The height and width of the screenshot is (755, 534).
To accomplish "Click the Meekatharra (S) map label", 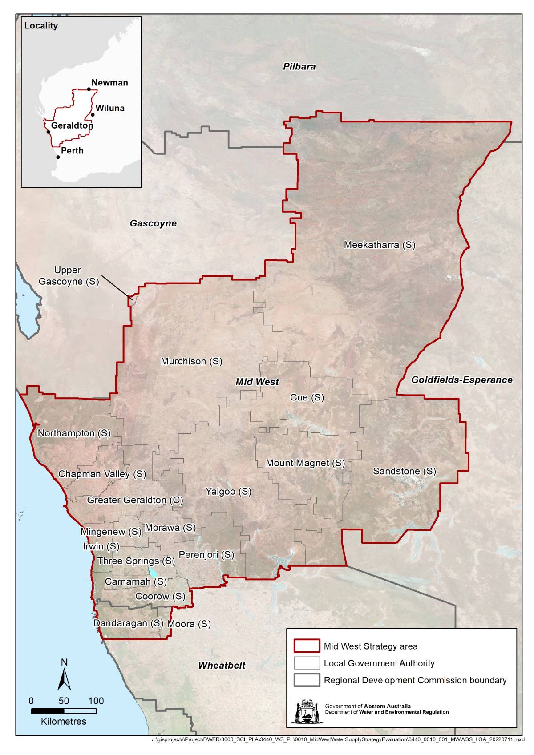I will tap(379, 245).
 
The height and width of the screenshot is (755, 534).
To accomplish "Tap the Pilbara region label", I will tap(299, 66).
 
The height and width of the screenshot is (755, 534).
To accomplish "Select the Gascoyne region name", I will tap(153, 223).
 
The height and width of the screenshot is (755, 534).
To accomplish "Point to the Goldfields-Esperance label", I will tap(461, 380).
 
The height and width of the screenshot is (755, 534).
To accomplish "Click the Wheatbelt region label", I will tap(222, 665).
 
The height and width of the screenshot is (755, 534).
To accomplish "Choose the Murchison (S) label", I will tap(191, 361).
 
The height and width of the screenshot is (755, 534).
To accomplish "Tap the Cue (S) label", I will tap(307, 397).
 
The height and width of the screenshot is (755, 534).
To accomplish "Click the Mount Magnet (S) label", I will tap(305, 463).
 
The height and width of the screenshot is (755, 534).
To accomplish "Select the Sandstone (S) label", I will tap(404, 471).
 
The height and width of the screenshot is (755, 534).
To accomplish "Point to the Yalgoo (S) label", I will tap(228, 491).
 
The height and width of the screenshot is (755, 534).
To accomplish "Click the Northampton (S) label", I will tap(74, 433).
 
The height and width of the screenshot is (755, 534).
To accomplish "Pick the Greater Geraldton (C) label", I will tap(135, 500).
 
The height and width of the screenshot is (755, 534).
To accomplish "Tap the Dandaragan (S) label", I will tap(128, 623).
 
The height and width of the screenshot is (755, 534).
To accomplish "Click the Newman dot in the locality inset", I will tap(89, 89).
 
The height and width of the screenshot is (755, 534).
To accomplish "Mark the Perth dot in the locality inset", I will tap(58, 157).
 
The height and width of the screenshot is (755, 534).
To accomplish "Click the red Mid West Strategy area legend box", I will tap(307, 646).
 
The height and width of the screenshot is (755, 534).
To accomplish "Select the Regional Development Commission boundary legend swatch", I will tap(307, 680).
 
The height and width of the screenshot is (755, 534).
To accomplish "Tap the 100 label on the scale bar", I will tap(96, 701).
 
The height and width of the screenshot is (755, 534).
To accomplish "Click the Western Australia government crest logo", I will tap(307, 711).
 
